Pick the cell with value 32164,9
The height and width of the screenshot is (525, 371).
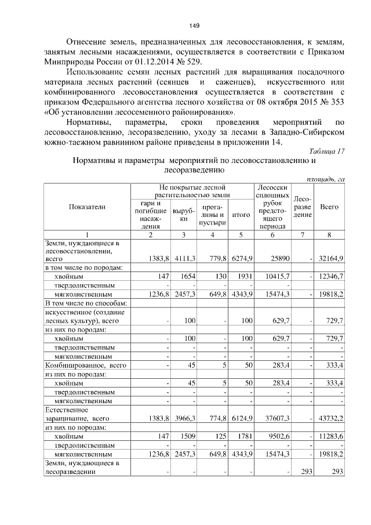click(332, 259)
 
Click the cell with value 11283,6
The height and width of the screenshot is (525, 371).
click(332, 435)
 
